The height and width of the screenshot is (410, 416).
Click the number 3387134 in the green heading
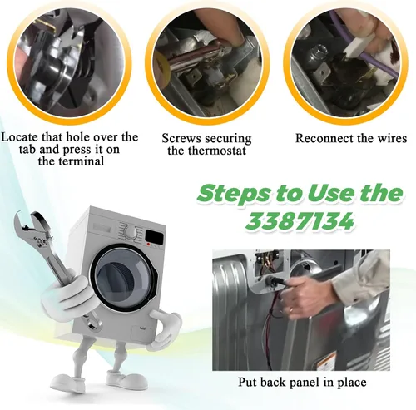click(300, 221)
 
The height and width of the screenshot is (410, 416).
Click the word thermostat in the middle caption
click(217, 151)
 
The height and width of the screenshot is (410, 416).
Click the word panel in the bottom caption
click(305, 383)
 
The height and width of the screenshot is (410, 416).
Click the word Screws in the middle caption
click(181, 138)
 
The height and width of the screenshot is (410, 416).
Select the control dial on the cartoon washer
click(131, 232)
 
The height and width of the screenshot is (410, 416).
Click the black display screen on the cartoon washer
click(155, 236)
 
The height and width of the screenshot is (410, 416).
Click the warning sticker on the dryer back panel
click(326, 361)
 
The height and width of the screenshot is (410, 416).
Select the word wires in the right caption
click(393, 138)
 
